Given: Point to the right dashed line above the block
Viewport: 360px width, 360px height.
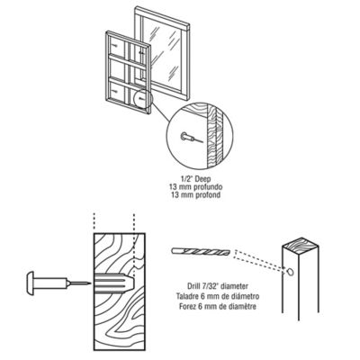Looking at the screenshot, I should pos(134,221).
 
